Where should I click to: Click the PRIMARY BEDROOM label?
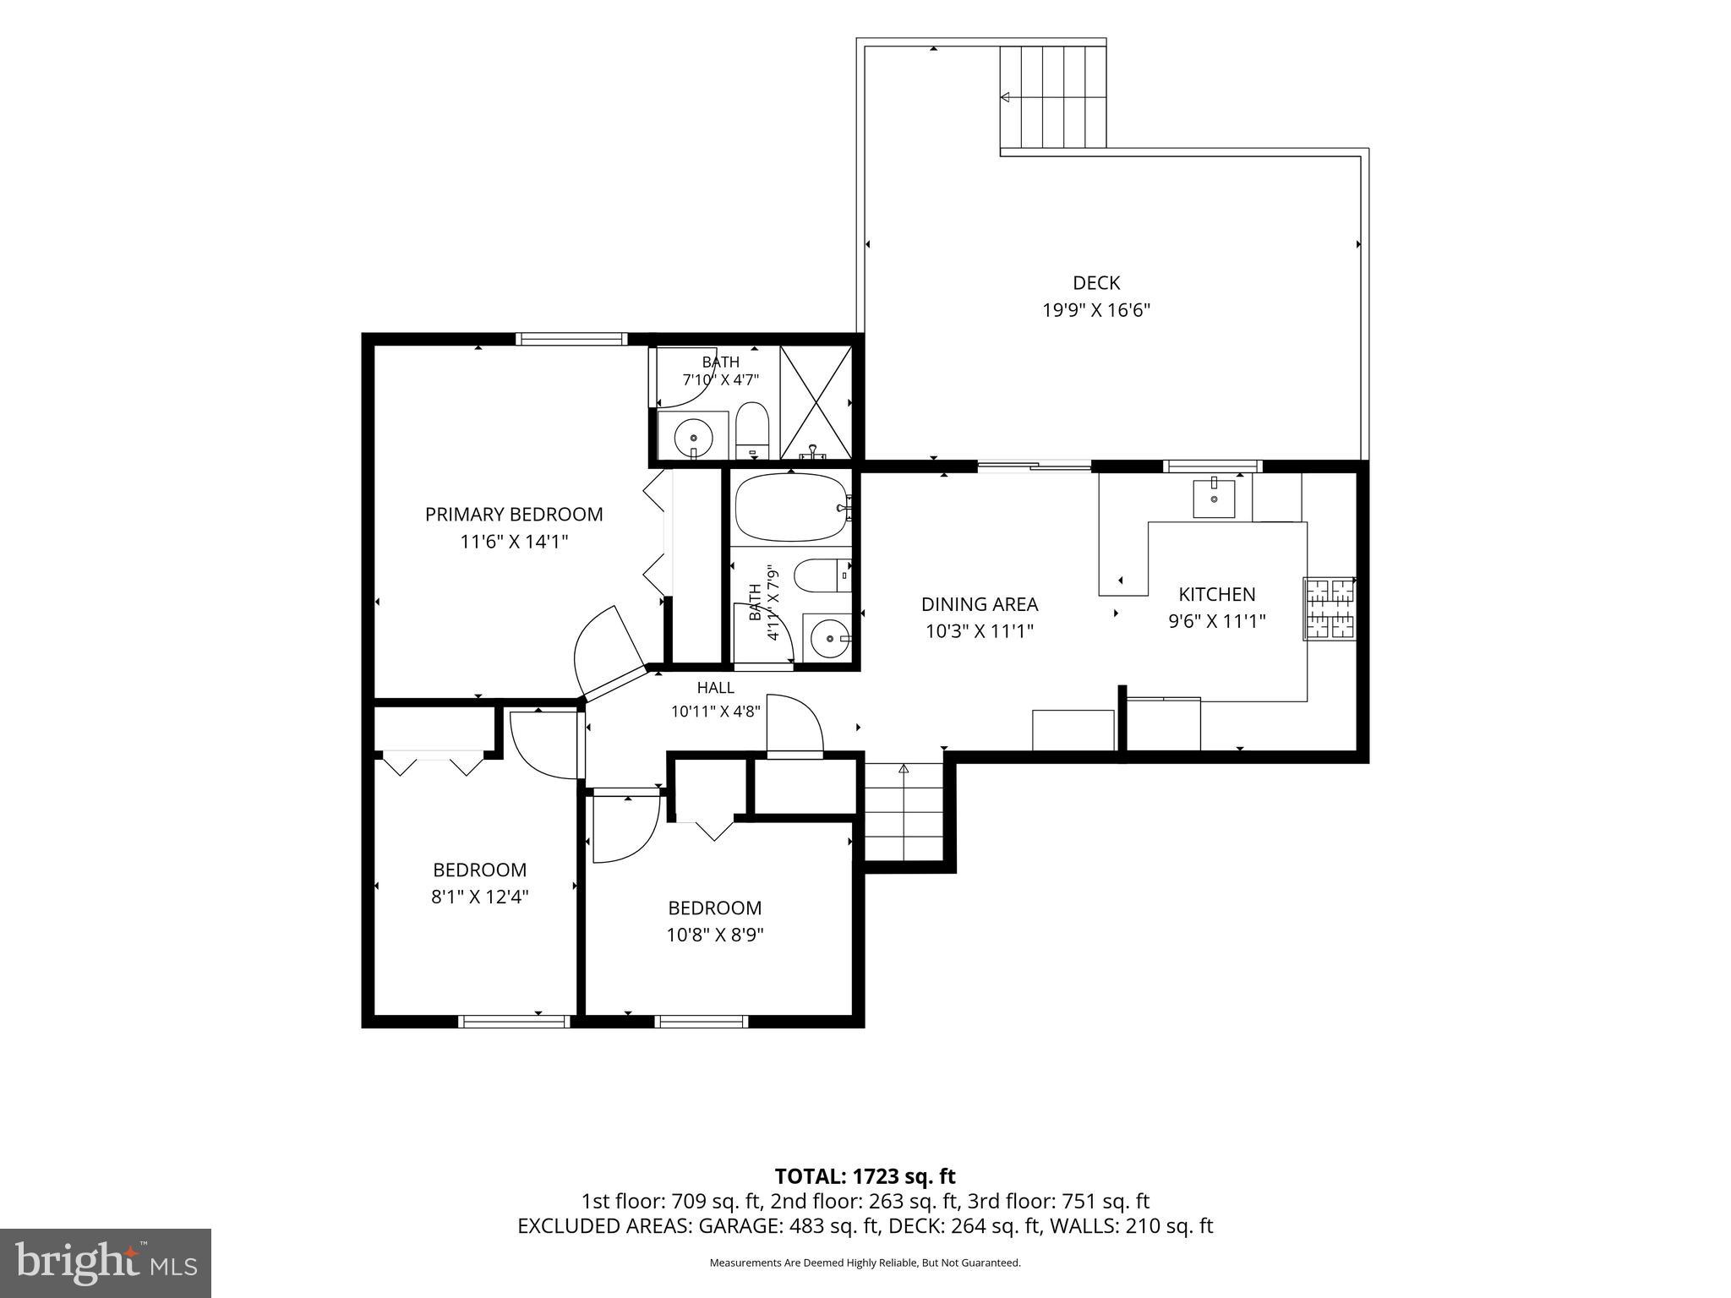(514, 514)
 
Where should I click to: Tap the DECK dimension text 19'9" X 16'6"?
(1096, 310)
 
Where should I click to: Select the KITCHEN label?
(1217, 594)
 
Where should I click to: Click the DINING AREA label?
(980, 604)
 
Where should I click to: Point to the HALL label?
(716, 688)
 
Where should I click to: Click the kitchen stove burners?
(1330, 608)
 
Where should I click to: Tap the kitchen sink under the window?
(1214, 498)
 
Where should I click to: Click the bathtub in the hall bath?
(791, 507)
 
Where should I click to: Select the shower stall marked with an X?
(816, 402)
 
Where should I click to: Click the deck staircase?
(1053, 96)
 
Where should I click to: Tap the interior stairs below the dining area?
(904, 811)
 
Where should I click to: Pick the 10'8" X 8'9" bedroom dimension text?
(716, 935)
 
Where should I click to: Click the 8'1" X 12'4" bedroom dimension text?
(480, 897)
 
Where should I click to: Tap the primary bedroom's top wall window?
(571, 339)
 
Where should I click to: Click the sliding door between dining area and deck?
(1034, 465)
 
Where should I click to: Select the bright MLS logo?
(106, 1263)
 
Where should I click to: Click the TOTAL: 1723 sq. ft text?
(865, 1176)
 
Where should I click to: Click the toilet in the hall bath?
(822, 575)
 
